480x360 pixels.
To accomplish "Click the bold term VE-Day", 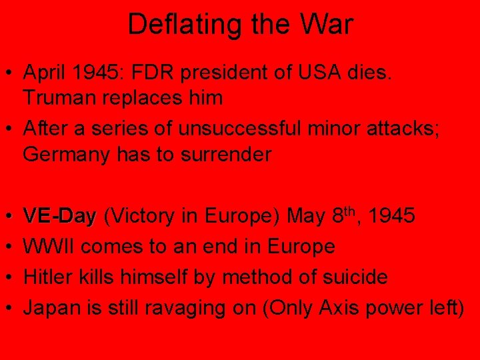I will [x=60, y=216].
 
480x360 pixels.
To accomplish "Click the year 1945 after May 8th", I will [x=393, y=216].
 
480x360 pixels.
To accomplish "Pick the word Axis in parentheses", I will [x=341, y=307].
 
